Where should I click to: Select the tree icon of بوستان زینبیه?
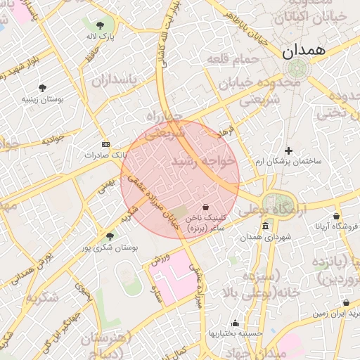pyautogui.click(x=43, y=88)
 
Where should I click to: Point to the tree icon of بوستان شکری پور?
pyautogui.click(x=109, y=236)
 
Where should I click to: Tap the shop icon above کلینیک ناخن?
pyautogui.click(x=205, y=207)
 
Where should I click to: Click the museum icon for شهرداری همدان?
pyautogui.click(x=265, y=226)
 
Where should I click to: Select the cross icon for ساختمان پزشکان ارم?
pyautogui.click(x=288, y=150)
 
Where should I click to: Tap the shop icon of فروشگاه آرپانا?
pyautogui.click(x=336, y=216)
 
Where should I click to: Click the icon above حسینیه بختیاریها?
pyautogui.click(x=235, y=323)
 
